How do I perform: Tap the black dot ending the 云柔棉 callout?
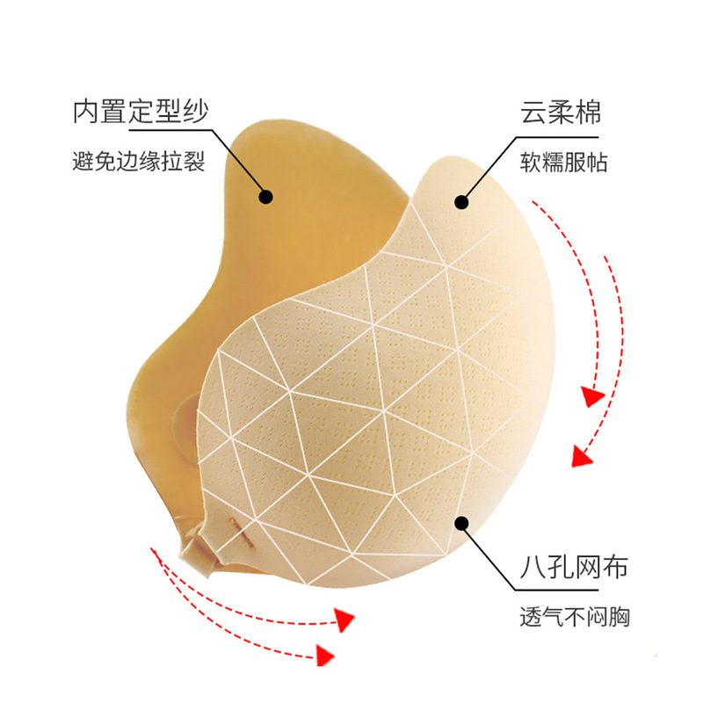[460, 201]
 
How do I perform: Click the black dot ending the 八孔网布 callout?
[461, 525]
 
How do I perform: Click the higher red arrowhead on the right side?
[593, 397]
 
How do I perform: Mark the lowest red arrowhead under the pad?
[325, 654]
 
